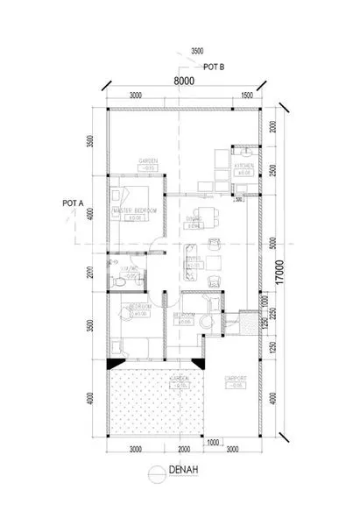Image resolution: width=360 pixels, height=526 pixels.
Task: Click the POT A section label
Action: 73,203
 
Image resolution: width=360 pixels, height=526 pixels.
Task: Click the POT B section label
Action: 215,66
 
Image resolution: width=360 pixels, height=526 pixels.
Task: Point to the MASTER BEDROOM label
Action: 135,211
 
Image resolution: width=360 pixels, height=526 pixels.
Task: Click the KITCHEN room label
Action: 244,166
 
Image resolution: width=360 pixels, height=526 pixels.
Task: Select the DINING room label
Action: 194,219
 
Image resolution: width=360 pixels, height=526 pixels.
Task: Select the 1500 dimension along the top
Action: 247,95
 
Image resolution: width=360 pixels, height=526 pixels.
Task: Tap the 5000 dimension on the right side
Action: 272,244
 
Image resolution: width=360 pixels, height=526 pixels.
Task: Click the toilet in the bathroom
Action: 116,282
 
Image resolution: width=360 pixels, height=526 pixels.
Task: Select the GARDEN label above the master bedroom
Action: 147,161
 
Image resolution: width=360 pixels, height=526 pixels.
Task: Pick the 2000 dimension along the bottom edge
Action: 181,450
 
